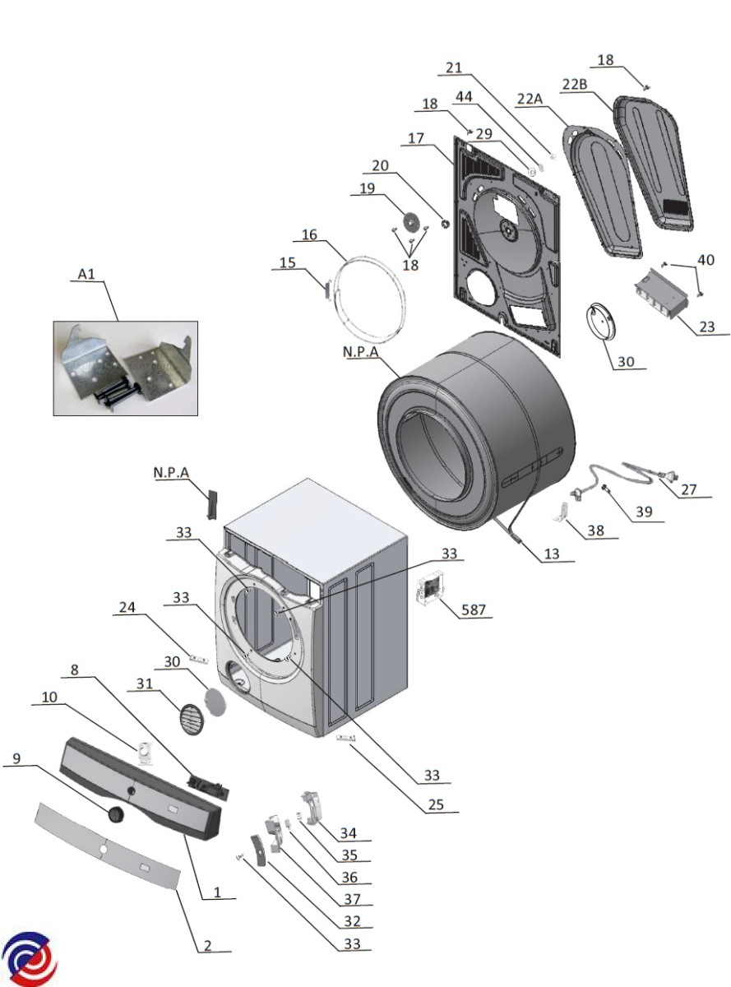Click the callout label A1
(x=86, y=274)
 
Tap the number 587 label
(x=473, y=609)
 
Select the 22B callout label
(x=575, y=84)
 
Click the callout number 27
(x=688, y=489)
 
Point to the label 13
(x=551, y=554)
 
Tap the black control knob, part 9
(x=116, y=814)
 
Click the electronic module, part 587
(x=428, y=590)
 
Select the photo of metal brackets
(x=126, y=368)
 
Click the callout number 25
(x=436, y=804)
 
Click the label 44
(x=464, y=96)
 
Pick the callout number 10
(x=49, y=697)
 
